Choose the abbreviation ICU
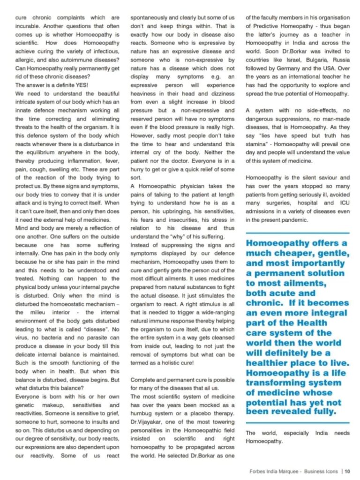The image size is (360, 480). tap(343, 203)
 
